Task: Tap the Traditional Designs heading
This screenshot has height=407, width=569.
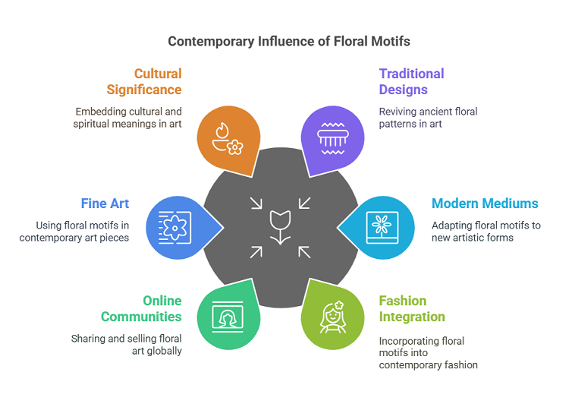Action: (412, 81)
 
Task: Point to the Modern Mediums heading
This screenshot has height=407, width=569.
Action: (485, 204)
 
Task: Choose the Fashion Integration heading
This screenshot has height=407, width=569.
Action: (412, 308)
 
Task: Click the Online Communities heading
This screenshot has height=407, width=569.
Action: (141, 308)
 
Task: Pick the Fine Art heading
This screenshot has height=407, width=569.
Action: (105, 204)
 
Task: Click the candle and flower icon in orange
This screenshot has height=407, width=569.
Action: (225, 137)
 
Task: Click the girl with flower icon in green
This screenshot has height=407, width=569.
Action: (333, 317)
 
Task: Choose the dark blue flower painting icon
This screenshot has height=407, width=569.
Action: (174, 226)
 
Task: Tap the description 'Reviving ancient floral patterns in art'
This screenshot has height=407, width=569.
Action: (429, 118)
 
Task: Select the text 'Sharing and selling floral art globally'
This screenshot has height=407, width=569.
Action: (126, 344)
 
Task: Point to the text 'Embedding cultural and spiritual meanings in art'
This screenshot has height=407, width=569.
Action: (127, 118)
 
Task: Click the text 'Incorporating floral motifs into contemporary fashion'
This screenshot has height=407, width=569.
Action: (429, 353)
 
